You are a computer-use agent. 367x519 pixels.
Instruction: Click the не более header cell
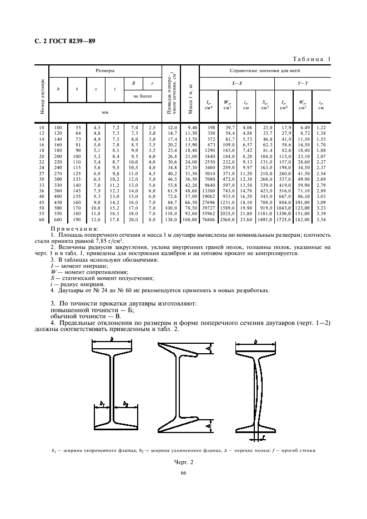(x=143, y=95)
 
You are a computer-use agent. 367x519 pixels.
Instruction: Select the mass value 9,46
(x=191, y=128)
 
